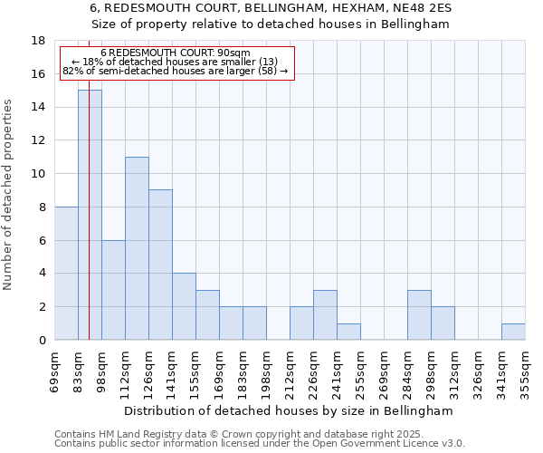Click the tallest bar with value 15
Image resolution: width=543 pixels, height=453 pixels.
pos(90,215)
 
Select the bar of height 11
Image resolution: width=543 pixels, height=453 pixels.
pos(137,248)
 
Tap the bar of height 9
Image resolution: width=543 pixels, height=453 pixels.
pos(160,265)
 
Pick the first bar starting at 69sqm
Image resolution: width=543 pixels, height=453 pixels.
pos(66,273)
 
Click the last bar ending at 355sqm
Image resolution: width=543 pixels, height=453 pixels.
pos(513,332)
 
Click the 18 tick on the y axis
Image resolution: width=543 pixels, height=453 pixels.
pos(39,41)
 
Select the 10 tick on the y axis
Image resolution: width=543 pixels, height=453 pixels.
pos(39,174)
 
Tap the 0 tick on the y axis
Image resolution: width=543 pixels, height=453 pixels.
pos(42,341)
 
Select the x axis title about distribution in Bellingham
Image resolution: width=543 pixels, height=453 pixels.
pos(290,410)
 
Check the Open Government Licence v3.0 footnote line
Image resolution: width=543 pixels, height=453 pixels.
pos(260,444)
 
